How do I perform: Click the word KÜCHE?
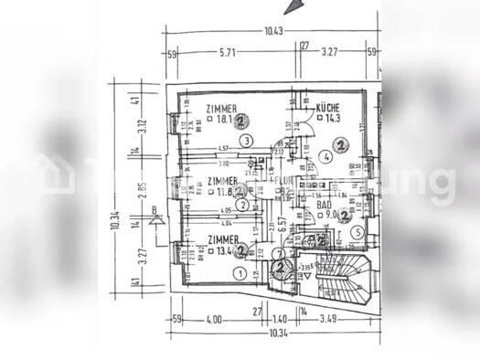click(x=329, y=108)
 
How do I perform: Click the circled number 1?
click(x=240, y=272)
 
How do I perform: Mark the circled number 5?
click(x=358, y=233)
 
